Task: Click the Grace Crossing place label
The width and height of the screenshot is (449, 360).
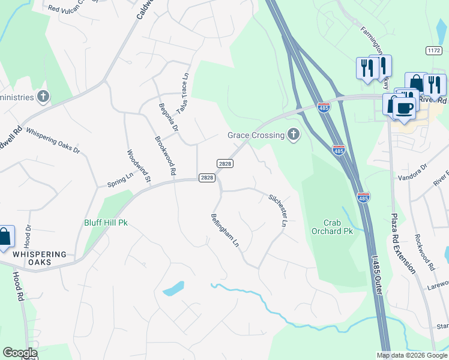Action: tap(255, 135)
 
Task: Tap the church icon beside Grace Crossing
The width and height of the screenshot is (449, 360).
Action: tap(294, 135)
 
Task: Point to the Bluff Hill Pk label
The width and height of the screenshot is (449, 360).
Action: tap(106, 223)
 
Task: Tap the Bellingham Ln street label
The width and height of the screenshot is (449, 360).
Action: tap(225, 231)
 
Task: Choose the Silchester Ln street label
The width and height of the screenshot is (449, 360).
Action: tap(277, 210)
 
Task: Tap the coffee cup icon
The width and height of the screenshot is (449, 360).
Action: tap(403, 109)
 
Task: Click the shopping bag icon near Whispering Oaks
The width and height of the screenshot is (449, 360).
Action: tap(4, 237)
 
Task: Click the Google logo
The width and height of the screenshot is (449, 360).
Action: tap(20, 352)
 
